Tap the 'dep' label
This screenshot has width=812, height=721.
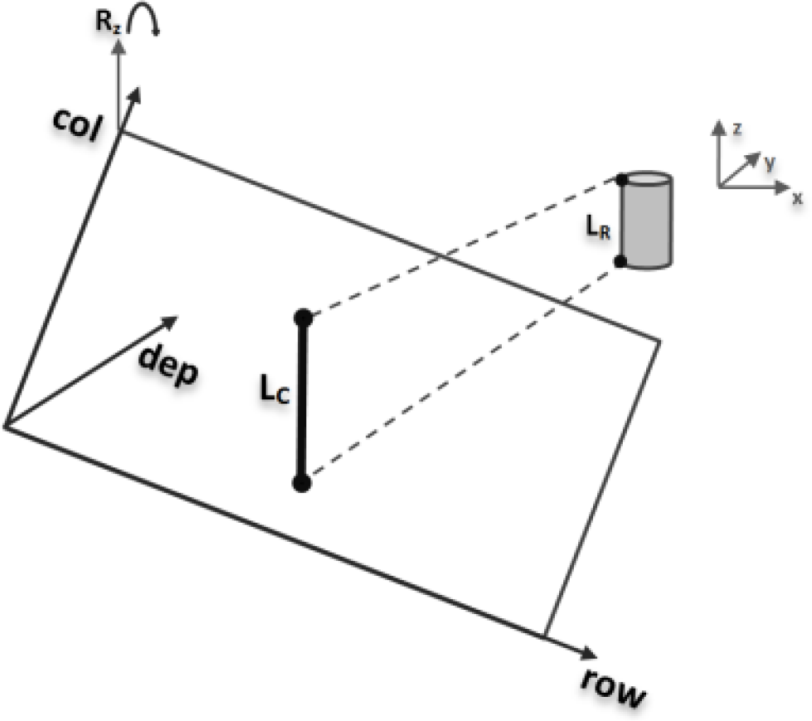point(168,365)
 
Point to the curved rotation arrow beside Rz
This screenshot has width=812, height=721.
point(150,18)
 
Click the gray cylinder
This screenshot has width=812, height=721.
point(647,220)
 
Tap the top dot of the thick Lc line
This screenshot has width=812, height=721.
point(303,317)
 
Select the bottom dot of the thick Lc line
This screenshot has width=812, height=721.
point(302,483)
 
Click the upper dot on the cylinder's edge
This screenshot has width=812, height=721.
point(621,179)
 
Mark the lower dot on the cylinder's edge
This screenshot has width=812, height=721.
point(620,261)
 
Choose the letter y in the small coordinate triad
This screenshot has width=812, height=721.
point(771,164)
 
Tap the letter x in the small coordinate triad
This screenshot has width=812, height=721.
point(797,198)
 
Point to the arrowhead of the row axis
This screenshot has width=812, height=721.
point(587,651)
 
